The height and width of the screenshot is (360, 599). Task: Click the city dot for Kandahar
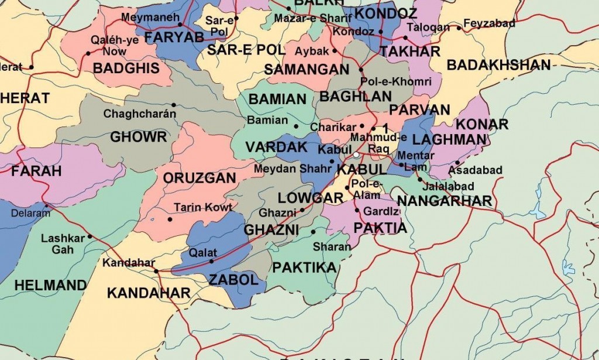click(x=156, y=271)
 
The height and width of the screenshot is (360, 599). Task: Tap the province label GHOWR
click(x=139, y=137)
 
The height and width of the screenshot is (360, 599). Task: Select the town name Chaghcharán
click(x=139, y=114)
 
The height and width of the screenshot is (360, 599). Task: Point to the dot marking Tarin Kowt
click(x=170, y=220)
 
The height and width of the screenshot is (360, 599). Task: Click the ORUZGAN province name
click(x=199, y=178)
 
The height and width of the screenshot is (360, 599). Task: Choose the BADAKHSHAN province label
click(x=498, y=65)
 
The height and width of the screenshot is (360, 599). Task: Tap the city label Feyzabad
click(x=489, y=24)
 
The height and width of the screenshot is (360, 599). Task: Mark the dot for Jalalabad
click(x=419, y=180)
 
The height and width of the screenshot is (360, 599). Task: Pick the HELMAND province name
click(x=50, y=286)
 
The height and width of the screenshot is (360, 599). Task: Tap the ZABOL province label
click(x=233, y=280)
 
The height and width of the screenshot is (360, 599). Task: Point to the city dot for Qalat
click(x=212, y=262)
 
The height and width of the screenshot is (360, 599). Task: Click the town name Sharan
click(x=332, y=247)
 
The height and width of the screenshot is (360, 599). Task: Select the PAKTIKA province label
click(x=305, y=268)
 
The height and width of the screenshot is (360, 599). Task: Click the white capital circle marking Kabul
click(x=356, y=155)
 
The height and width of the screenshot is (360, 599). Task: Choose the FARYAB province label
click(x=174, y=37)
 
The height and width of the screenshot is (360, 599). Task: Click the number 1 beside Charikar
click(x=385, y=128)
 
